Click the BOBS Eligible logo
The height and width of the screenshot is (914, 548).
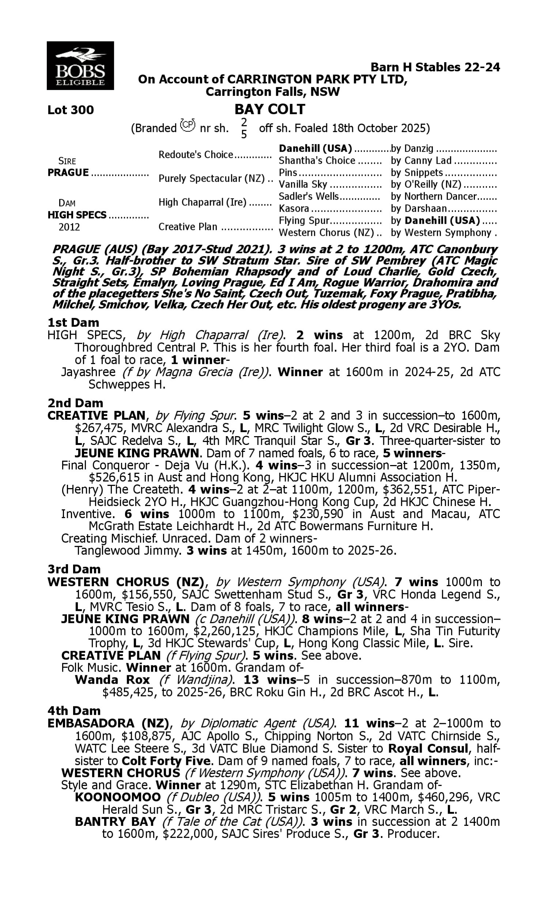coord(80,65)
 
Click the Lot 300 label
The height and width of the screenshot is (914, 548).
coord(71,110)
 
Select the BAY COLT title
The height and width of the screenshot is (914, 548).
coord(270,109)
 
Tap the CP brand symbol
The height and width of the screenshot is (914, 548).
coord(187,125)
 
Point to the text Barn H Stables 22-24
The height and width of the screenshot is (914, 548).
coord(435,67)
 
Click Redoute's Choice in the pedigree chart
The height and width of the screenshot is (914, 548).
coord(196,154)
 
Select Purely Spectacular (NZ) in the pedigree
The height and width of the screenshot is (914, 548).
coord(211,178)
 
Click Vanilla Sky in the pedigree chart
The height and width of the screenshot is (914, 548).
coord(303,184)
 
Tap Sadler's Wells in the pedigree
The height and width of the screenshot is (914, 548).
coord(309,196)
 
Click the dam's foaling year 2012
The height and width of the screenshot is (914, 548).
coord(69,227)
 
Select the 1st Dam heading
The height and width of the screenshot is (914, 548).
coord(73,322)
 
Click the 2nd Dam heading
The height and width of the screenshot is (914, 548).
coord(75,403)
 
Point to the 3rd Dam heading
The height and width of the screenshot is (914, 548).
coord(74,569)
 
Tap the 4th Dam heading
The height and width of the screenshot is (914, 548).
coord(74,710)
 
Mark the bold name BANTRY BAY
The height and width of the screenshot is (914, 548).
coord(115,821)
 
